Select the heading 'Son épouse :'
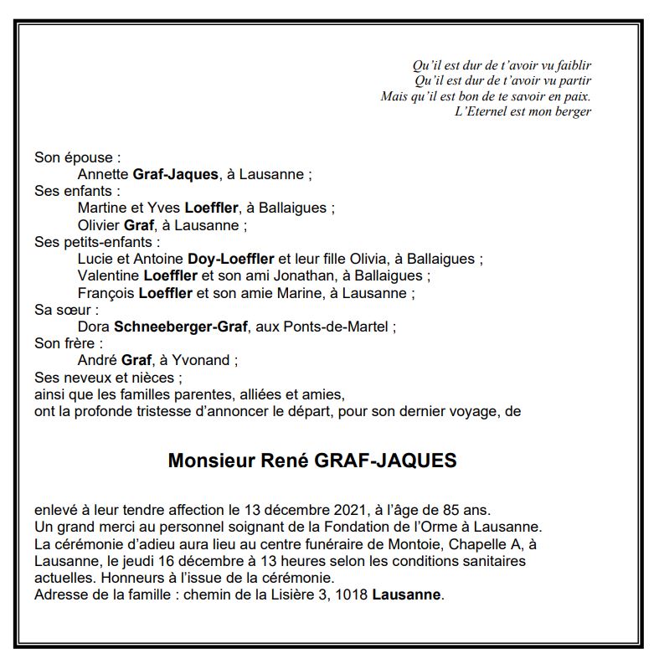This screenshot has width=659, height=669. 78,157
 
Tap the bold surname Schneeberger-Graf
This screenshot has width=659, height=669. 180,327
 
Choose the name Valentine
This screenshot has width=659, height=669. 108,275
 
